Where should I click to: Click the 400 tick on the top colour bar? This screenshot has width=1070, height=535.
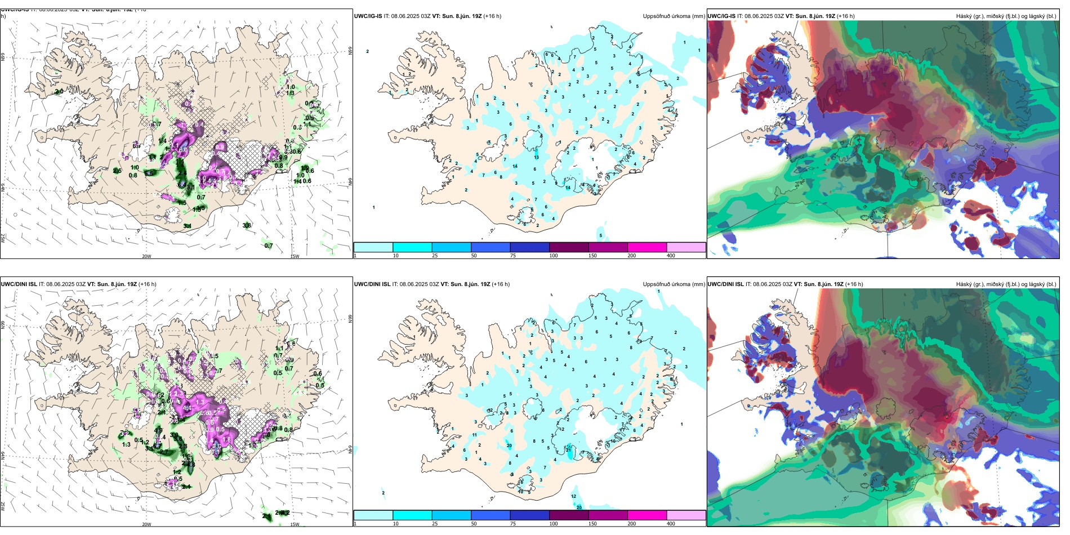click(671, 256)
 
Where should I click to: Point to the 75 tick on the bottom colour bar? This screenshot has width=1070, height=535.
click(512, 524)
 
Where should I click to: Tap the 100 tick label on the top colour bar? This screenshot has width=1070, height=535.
click(554, 256)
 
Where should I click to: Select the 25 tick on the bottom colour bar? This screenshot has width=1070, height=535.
click(435, 524)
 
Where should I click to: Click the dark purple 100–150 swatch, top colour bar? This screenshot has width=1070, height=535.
click(568, 247)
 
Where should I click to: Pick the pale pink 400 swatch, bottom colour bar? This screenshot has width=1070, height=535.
click(686, 515)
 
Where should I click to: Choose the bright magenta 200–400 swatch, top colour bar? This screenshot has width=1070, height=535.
click(647, 247)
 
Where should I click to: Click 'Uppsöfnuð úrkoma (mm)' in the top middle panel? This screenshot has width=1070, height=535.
click(674, 16)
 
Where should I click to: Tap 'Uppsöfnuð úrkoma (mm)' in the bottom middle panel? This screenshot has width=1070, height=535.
click(674, 284)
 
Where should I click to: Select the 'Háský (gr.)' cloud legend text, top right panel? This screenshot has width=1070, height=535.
click(971, 16)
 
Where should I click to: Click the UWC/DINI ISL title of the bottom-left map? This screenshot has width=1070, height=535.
click(19, 284)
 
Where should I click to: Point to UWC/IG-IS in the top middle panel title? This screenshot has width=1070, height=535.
click(368, 16)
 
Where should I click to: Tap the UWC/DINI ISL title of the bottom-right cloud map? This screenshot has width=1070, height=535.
click(725, 284)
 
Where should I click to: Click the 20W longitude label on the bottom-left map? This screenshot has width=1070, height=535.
click(146, 524)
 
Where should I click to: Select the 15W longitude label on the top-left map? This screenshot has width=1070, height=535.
click(295, 256)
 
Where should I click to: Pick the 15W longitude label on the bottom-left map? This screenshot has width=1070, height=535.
click(295, 524)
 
